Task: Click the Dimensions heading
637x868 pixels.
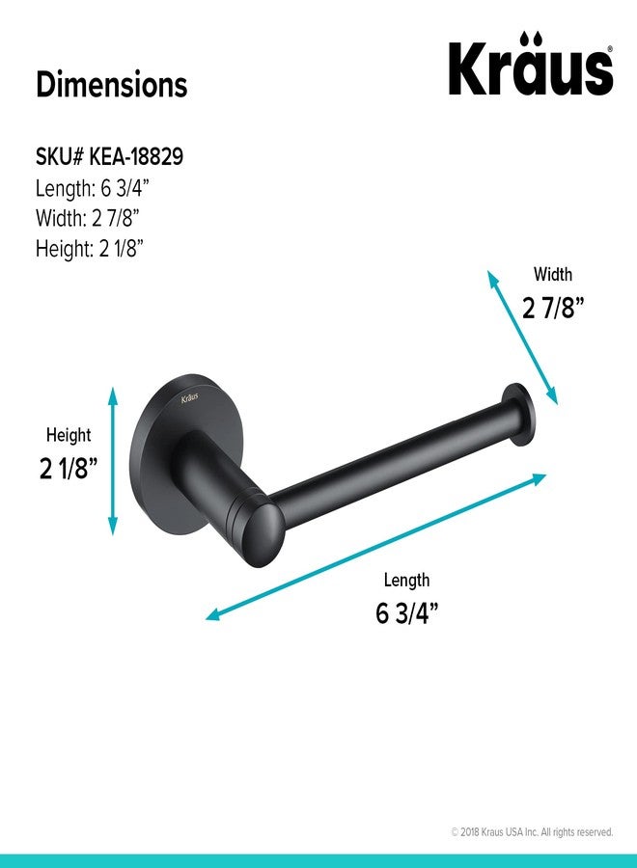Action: (x=112, y=85)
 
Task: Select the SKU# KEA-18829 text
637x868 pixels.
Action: (x=110, y=156)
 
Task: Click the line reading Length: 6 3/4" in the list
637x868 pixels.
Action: (x=93, y=188)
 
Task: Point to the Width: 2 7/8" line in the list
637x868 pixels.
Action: (x=88, y=218)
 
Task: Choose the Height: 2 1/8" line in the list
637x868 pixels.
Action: (x=90, y=248)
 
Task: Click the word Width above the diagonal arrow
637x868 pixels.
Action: (x=553, y=274)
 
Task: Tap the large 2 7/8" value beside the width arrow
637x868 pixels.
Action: (x=553, y=307)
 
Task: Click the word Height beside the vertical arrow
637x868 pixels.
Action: (x=69, y=435)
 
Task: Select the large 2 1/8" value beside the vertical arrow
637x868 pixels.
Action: (x=69, y=468)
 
